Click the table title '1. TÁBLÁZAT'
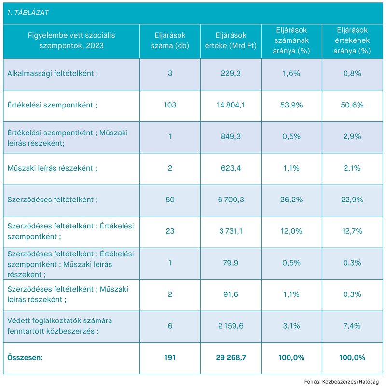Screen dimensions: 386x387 (28, 13)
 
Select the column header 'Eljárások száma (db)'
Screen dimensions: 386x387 (170, 40)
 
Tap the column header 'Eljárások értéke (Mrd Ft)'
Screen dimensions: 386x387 (231, 40)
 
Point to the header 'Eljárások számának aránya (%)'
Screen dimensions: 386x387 (291, 40)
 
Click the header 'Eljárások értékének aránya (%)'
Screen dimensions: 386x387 (352, 40)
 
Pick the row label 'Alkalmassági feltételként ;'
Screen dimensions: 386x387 (53, 74)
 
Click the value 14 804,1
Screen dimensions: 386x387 (231, 105)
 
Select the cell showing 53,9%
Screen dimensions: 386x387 (291, 105)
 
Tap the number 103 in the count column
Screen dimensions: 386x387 (170, 105)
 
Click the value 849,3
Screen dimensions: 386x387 (231, 137)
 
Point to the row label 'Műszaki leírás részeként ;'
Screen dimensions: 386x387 (52, 168)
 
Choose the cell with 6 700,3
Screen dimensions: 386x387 (231, 200)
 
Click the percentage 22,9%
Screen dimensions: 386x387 (352, 200)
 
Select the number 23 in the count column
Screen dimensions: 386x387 (170, 231)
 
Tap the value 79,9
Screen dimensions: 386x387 (231, 263)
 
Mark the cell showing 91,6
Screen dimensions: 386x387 (231, 294)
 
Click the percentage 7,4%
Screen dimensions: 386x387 (352, 326)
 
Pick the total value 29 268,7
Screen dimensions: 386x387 (231, 358)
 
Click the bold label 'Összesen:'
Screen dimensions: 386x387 (25, 358)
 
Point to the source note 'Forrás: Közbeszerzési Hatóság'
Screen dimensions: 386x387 (342, 382)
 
